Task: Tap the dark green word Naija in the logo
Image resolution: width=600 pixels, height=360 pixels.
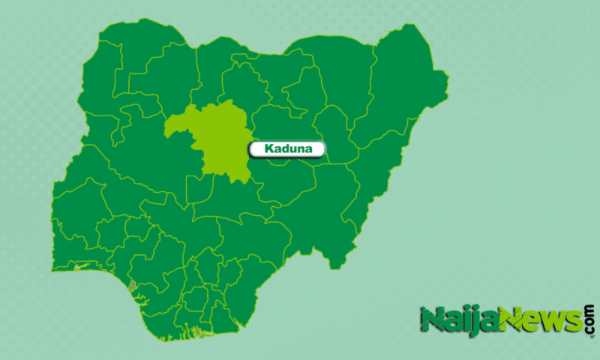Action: [457, 321]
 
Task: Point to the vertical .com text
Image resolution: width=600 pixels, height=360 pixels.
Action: [589, 318]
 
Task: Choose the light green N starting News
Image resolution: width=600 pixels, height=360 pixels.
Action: [509, 319]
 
